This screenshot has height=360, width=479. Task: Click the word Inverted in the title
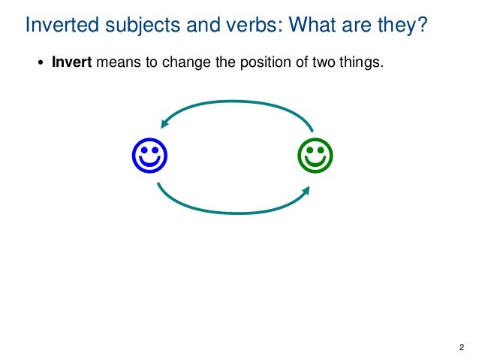tap(60, 26)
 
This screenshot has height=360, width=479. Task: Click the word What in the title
tap(312, 26)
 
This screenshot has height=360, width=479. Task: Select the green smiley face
tap(315, 156)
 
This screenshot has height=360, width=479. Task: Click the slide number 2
tap(460, 346)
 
